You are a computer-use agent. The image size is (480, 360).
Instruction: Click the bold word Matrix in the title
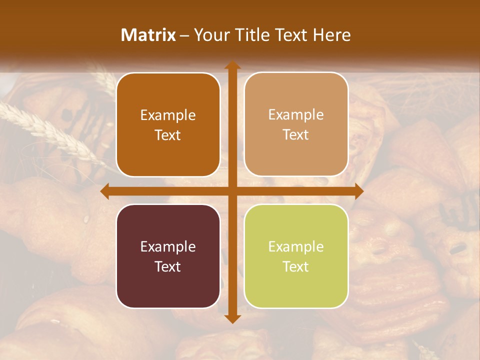[148, 34]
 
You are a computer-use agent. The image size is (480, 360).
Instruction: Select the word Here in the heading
[332, 34]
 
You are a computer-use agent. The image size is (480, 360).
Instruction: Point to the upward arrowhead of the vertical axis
[232, 65]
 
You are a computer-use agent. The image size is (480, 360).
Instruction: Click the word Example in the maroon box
[168, 246]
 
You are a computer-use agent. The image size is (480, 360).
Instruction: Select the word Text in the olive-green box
[296, 266]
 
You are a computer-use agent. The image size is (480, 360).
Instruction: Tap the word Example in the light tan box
[296, 114]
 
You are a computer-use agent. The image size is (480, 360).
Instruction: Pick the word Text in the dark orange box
[168, 135]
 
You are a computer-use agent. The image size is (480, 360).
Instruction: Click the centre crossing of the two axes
[232, 191]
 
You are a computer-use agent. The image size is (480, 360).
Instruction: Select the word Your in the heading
[210, 34]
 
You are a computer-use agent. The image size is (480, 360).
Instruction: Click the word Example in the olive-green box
[296, 246]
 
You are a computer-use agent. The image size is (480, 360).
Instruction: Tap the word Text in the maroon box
[168, 266]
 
